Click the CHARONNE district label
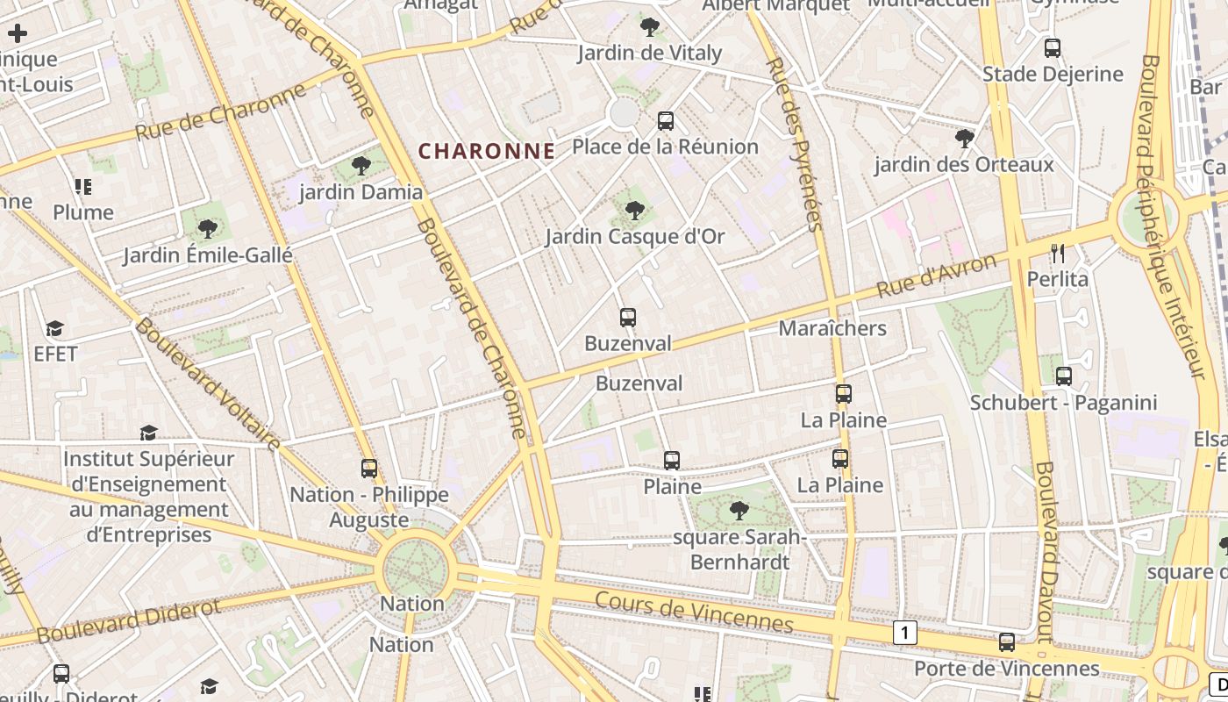pos(487,151)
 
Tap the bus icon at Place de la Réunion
pos(666,120)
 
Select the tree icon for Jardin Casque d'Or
pos(635,211)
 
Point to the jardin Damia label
pos(361,191)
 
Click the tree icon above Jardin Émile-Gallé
pos(207,229)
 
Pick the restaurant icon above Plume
pos(83,186)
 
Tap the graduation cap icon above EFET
pos(55,329)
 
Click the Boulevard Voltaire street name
pos(208,384)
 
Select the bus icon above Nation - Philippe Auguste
pos(369,469)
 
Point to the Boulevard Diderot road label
pos(129,620)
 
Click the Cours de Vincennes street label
pos(694,612)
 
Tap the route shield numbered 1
pos(905,632)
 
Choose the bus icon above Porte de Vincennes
pos(1007,642)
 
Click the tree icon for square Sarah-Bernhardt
pos(739,510)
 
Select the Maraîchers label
pos(832,328)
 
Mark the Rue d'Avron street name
pos(937,276)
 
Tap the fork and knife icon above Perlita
pos(1058,254)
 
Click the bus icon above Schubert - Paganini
pos(1064,376)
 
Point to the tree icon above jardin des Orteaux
pos(964,139)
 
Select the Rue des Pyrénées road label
pos(795,145)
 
